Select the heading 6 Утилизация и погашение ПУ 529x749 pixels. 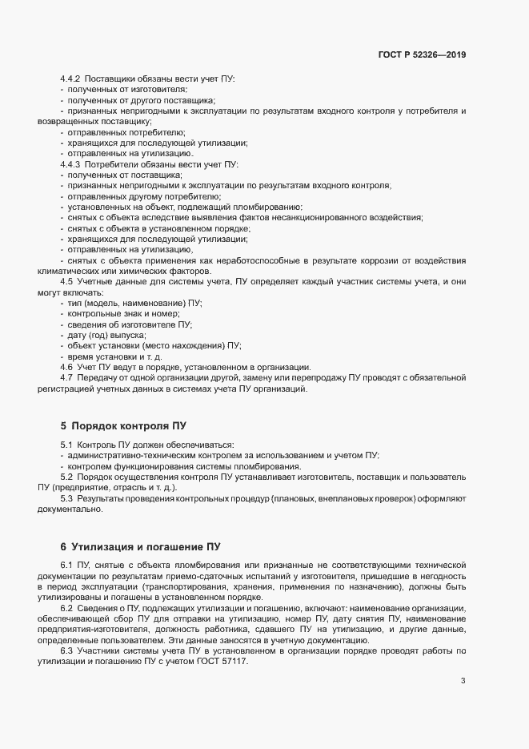140,547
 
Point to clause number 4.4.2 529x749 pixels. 70,79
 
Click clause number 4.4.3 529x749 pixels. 70,163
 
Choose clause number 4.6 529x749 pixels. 67,366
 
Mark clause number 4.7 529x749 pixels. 67,377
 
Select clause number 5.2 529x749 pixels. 67,477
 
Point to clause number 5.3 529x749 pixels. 67,500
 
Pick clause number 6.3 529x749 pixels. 67,652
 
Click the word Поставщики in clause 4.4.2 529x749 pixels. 110,79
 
